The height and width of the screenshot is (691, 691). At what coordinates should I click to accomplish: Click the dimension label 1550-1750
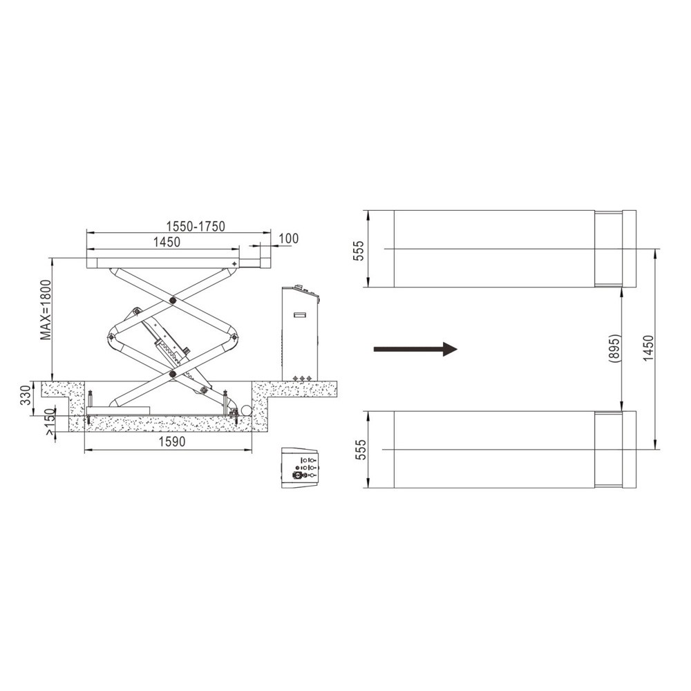point(196,226)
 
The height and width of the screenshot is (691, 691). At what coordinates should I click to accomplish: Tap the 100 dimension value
point(289,238)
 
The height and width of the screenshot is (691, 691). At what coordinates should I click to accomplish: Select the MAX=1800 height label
point(46,310)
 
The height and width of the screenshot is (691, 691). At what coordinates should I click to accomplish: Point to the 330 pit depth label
point(26,395)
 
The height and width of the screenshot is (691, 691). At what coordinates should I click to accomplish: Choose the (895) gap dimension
point(614,348)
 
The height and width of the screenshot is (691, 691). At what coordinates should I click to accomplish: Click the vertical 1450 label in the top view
point(649,349)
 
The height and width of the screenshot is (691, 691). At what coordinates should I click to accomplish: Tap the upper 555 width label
point(359,250)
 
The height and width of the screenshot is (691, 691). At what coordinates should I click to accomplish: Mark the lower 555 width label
point(361,450)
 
